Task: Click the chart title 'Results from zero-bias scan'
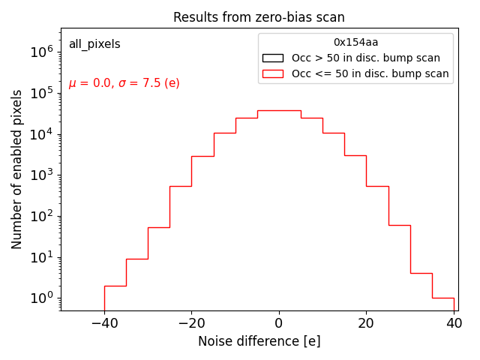pos(259,17)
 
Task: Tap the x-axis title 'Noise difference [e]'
pos(259,341)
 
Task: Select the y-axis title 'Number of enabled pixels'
pos(17,169)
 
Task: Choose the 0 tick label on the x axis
pos(279,322)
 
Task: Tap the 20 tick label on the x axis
pos(366,322)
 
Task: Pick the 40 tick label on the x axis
pos(454,322)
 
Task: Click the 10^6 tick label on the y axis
pos(41,52)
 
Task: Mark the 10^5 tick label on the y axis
pos(41,93)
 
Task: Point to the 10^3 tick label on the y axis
pos(41,175)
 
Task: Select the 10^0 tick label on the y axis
pos(41,298)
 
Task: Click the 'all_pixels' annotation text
pos(94,44)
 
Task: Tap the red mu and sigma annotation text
pos(124,83)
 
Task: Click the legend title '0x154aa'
pos(355,43)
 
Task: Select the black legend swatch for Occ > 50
pos(272,58)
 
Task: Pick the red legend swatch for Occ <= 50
pos(272,73)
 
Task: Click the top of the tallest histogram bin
pos(279,110)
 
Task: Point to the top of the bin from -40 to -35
pos(115,286)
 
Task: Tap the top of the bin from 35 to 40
pos(442,298)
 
